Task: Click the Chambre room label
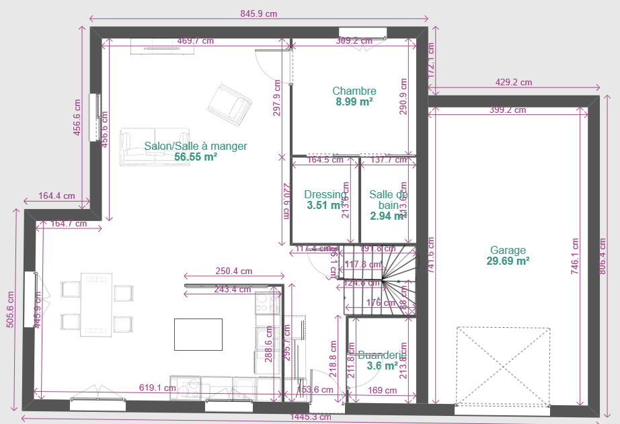(354, 91)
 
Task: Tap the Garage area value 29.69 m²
(507, 261)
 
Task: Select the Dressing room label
(325, 195)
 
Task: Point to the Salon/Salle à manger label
(195, 146)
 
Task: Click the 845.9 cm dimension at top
(258, 13)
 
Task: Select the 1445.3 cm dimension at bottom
(310, 417)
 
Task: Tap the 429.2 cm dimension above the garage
(513, 83)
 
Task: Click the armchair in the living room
(229, 104)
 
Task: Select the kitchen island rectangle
(198, 334)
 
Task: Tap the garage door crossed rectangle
(503, 366)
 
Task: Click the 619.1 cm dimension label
(157, 388)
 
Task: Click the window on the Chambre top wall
(362, 32)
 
